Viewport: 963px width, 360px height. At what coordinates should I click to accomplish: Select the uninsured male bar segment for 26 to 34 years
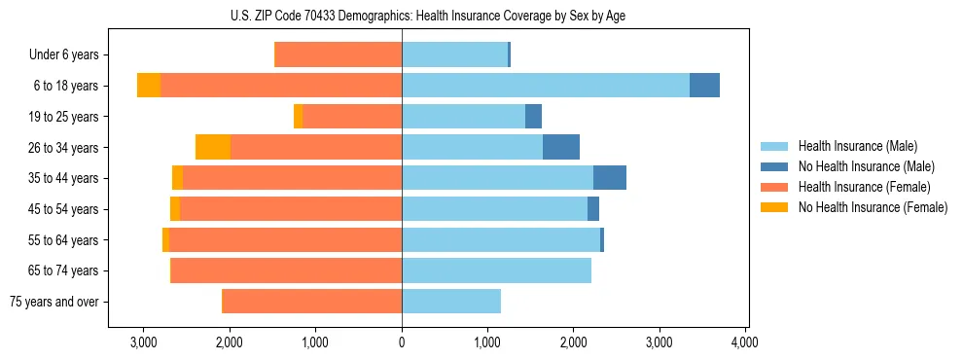[x=561, y=147]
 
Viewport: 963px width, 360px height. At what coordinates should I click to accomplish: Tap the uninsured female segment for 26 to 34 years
[x=213, y=147]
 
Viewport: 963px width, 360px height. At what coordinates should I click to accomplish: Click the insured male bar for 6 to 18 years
[x=546, y=86]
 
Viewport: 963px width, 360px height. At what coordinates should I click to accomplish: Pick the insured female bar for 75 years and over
[x=312, y=302]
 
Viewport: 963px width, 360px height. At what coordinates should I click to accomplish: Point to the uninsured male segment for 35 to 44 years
[x=610, y=178]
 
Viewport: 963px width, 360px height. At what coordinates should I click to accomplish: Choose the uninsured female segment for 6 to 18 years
[x=149, y=86]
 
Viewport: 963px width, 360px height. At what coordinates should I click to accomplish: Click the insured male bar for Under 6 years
[x=454, y=54]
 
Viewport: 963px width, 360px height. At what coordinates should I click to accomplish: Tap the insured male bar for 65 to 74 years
[x=496, y=270]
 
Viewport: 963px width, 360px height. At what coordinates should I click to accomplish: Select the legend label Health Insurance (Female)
[x=851, y=187]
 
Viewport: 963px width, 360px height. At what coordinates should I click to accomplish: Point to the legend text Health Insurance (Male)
[x=844, y=146]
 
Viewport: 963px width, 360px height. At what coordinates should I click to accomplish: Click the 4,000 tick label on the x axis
[x=745, y=342]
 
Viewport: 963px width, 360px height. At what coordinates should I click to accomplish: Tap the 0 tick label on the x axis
[x=402, y=342]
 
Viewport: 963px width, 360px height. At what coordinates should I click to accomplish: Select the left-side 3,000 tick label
[x=143, y=342]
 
